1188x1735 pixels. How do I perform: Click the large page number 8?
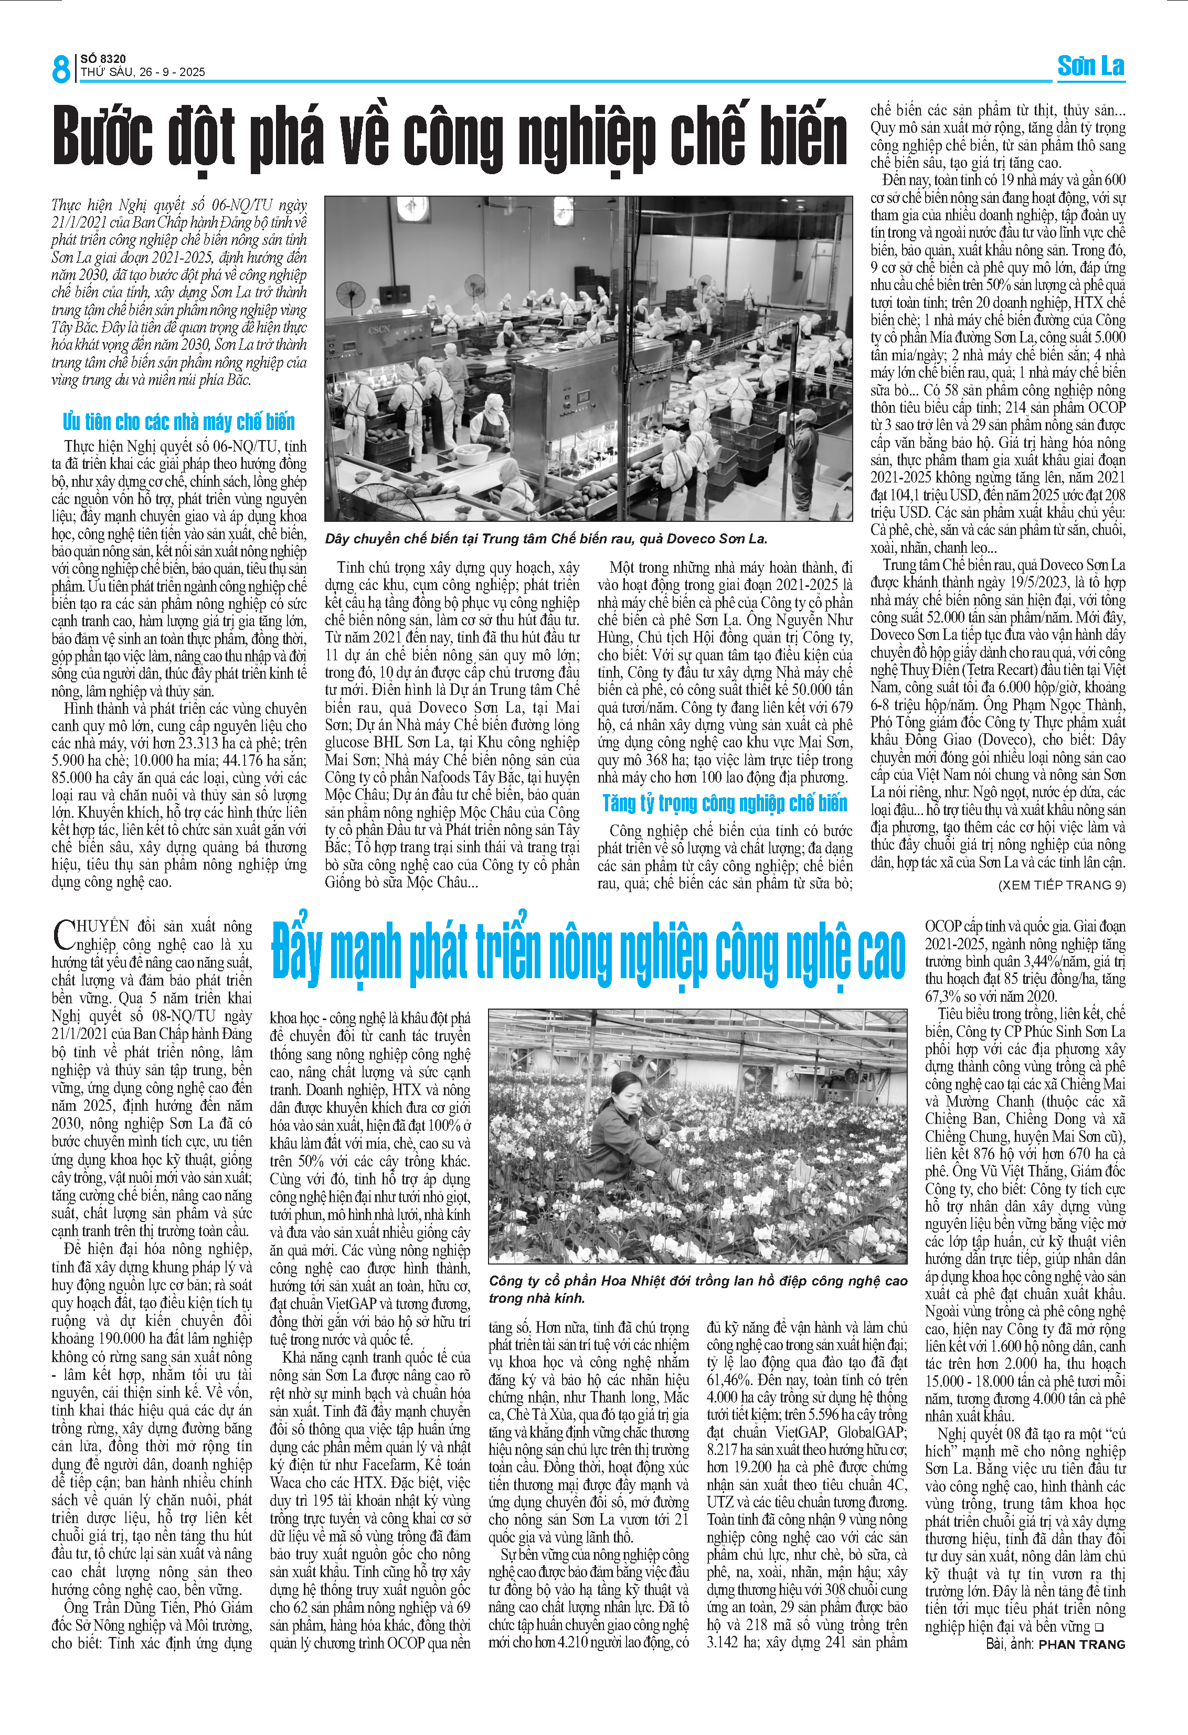(x=60, y=69)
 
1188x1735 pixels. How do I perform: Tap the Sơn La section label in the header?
(x=1090, y=67)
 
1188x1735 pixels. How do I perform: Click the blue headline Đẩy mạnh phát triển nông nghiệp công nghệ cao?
(x=588, y=954)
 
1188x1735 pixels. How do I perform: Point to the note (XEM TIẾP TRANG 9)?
(x=1061, y=885)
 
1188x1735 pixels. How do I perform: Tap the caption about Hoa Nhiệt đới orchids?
(x=697, y=1289)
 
